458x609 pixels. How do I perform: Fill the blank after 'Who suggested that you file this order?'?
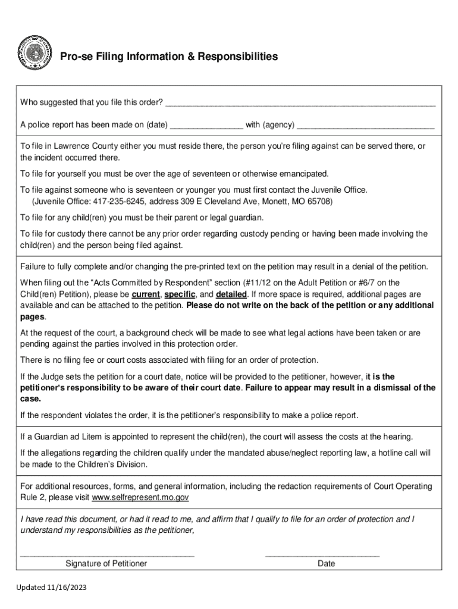300,103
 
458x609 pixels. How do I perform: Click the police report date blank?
206,126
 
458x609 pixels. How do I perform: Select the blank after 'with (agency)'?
365,126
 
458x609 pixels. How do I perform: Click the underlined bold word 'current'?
146,294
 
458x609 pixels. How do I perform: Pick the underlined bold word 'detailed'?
231,294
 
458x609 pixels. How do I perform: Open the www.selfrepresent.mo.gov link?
140,497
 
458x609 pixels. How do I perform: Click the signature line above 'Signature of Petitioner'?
107,555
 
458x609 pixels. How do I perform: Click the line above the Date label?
322,555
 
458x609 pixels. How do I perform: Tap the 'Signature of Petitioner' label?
106,563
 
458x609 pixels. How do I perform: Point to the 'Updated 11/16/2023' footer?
51,587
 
